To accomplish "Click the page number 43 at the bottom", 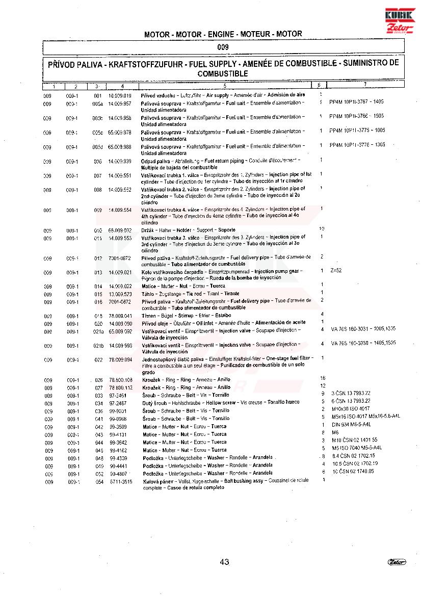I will (x=224, y=562).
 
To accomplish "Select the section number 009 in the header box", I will (x=222, y=47).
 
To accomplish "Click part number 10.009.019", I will (x=120, y=95).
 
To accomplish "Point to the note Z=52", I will (x=336, y=270).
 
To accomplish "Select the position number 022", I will (x=98, y=360).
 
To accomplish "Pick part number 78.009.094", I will (x=120, y=360).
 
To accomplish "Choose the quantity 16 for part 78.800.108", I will (x=322, y=378).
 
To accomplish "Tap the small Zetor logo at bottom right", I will (x=397, y=562).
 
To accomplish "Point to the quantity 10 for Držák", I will (x=322, y=228).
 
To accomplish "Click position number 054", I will (x=99, y=482).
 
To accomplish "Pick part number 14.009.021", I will (x=120, y=272).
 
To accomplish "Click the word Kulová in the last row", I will (x=151, y=481).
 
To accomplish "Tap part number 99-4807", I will (x=118, y=474).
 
